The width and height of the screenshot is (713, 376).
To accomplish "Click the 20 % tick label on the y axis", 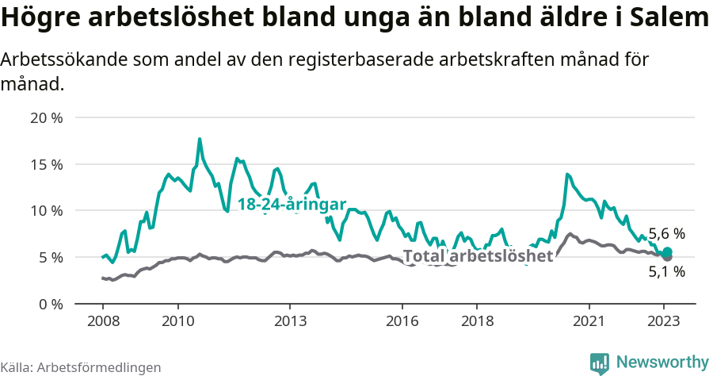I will (47, 118).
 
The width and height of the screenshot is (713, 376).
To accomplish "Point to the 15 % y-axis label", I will (47, 165).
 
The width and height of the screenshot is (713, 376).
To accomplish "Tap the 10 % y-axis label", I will (47, 211).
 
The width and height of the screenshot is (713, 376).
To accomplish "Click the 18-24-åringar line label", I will (292, 205).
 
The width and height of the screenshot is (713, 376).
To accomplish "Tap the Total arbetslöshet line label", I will (478, 256).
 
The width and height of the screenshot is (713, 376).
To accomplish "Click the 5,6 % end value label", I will (666, 234).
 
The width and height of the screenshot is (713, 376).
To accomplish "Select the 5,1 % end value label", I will (666, 272).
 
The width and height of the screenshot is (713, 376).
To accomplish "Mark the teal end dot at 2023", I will (667, 251).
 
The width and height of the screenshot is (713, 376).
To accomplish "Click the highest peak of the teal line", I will (200, 139).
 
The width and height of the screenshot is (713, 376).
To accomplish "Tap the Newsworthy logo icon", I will (600, 363).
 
